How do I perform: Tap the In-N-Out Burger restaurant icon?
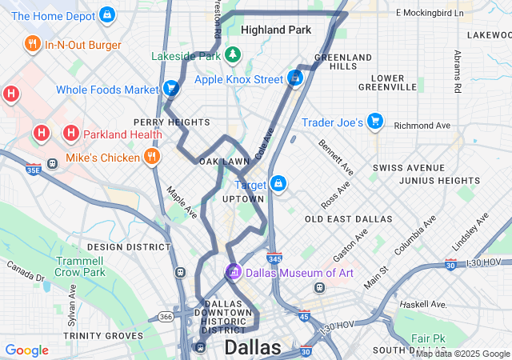tap(32, 45)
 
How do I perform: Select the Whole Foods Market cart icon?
tap(170, 89)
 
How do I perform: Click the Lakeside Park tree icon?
tap(232, 56)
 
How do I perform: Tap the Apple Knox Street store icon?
tap(294, 78)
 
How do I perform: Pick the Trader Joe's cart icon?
tap(375, 122)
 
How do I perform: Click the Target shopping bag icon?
tap(278, 184)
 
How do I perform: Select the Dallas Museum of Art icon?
tap(234, 273)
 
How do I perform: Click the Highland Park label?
tap(275, 30)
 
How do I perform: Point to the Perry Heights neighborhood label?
tap(171, 122)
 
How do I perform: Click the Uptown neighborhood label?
tap(242, 198)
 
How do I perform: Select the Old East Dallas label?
tap(348, 218)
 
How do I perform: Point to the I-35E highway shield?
tap(33, 170)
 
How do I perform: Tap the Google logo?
tap(26, 350)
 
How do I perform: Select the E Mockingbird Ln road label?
tap(430, 14)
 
